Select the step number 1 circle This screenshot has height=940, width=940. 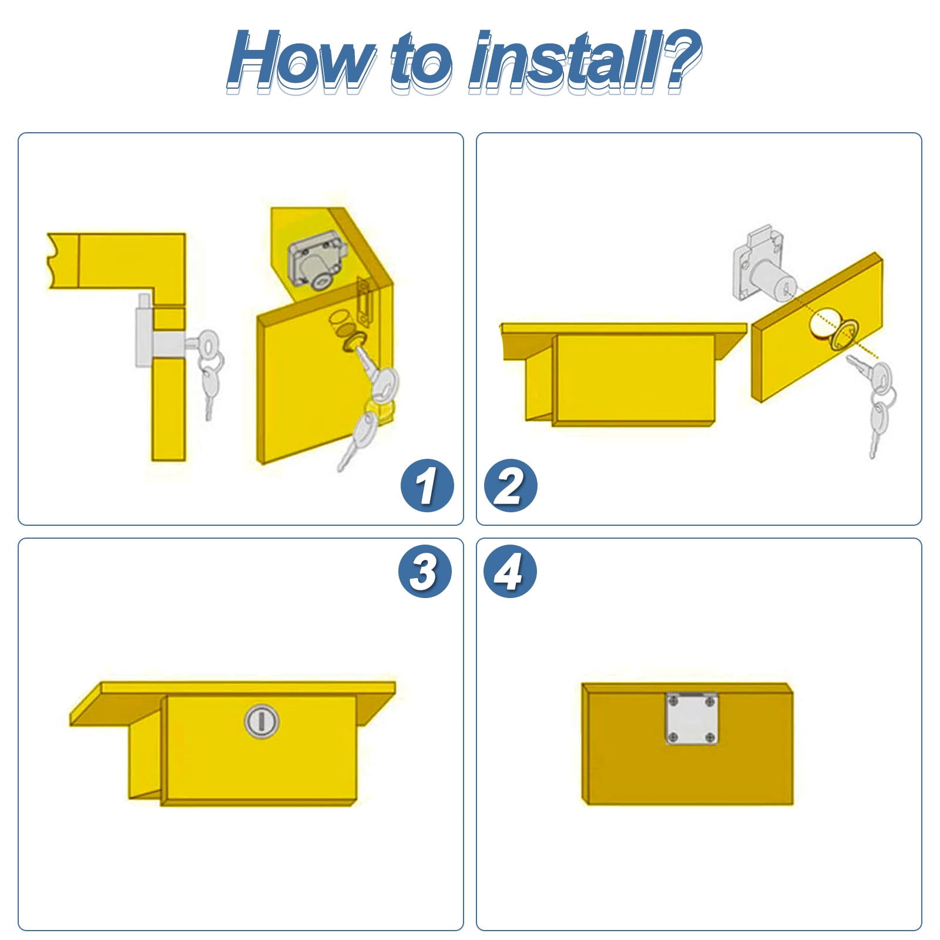(x=427, y=485)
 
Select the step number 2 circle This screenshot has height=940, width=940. (x=510, y=485)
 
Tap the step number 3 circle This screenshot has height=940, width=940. (x=424, y=571)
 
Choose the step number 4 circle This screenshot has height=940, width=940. (x=509, y=571)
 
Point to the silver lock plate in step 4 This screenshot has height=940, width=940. (x=691, y=719)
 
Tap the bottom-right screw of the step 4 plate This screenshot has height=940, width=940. (x=710, y=737)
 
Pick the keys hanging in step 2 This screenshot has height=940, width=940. (x=874, y=399)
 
